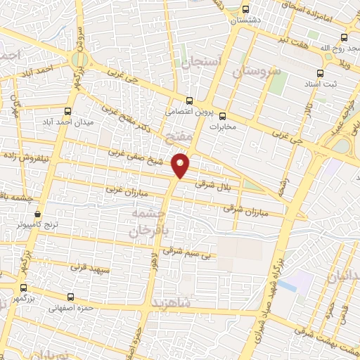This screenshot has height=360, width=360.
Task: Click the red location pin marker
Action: (x=181, y=165)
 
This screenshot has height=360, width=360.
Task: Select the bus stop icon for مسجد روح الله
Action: (x=344, y=37)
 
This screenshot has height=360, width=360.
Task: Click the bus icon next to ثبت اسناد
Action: (x=321, y=72)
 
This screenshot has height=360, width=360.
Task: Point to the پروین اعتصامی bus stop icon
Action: (x=189, y=101)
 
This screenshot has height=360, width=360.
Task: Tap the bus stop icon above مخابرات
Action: (x=223, y=116)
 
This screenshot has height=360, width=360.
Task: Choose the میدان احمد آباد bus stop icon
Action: (x=68, y=111)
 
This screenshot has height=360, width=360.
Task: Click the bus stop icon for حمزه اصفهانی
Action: (x=70, y=297)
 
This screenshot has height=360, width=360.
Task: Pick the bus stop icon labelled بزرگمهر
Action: (x=23, y=288)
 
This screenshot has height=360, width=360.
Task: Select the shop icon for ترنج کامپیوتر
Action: (x=37, y=214)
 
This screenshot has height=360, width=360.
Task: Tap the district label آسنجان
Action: (x=201, y=62)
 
